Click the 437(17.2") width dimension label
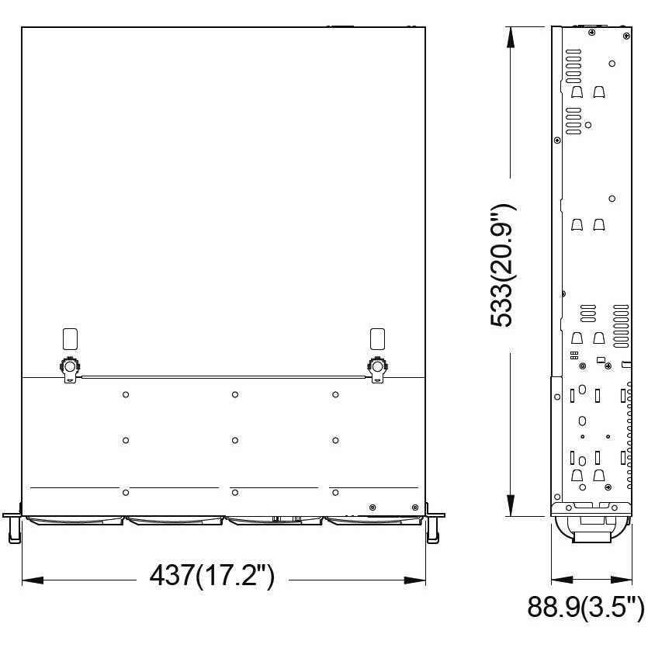coord(212,576)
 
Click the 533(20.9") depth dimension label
coord(503,265)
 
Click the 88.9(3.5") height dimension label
coord(585,608)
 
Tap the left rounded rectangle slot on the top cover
coord(70,339)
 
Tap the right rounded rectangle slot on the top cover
coord(377,339)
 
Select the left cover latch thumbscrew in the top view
coord(70,366)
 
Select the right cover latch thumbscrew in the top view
coord(377,366)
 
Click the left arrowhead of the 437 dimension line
coord(33,580)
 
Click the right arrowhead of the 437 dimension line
coord(415,580)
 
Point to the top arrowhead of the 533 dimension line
coord(511,38)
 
